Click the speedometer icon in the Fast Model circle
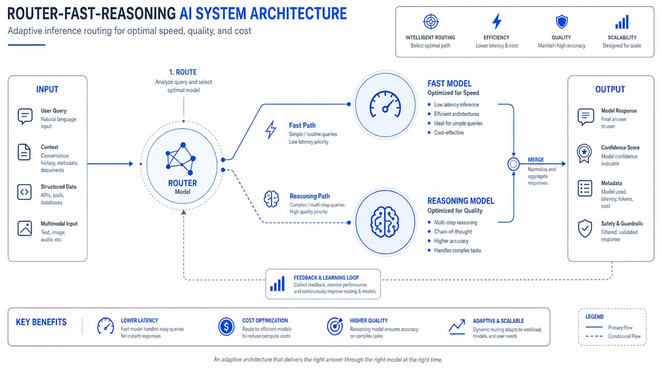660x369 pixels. coord(385,104)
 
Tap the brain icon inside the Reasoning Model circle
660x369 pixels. coord(385,222)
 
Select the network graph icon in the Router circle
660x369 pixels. coord(181,159)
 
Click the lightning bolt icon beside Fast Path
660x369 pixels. coord(271,130)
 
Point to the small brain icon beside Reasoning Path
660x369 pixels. coord(271,199)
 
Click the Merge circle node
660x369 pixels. coord(513,164)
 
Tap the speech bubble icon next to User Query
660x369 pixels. coord(25,117)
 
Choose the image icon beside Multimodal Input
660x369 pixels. coord(24,228)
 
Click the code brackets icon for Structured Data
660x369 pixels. coord(24,192)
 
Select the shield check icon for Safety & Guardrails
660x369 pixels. coord(585,229)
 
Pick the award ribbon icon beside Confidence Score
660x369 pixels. coord(584,154)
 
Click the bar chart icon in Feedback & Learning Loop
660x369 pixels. coord(277,284)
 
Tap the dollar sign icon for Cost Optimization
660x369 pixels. coord(226,327)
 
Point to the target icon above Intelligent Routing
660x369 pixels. coord(431,21)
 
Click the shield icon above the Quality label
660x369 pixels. coord(562,21)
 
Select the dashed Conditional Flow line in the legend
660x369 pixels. coord(594,336)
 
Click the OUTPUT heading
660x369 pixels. coord(610,89)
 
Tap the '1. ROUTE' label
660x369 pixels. coord(183,72)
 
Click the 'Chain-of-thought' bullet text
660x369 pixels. coord(453,232)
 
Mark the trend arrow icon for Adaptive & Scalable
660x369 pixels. coord(457,327)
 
